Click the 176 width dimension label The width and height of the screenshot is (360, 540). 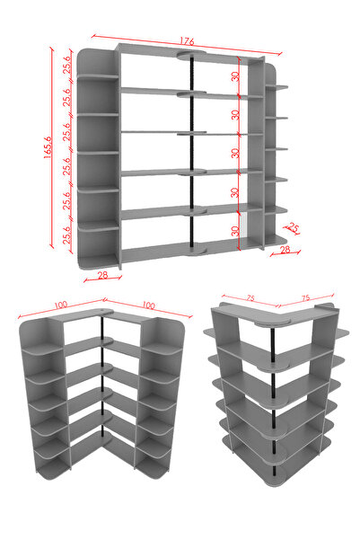pyautogui.click(x=187, y=41)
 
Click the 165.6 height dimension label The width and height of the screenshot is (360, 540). pyautogui.click(x=48, y=147)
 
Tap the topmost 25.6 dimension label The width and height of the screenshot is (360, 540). pyautogui.click(x=67, y=65)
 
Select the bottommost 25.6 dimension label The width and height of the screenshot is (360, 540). pyautogui.click(x=67, y=235)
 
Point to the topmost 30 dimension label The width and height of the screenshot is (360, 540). pyautogui.click(x=236, y=76)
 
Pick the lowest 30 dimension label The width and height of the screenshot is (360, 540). pyautogui.click(x=236, y=231)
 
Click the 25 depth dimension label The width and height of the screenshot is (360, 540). pyautogui.click(x=293, y=227)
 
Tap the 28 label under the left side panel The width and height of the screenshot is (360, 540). pyautogui.click(x=102, y=275)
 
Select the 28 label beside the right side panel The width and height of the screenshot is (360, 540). pyautogui.click(x=285, y=250)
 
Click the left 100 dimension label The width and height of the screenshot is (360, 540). pyautogui.click(x=60, y=305)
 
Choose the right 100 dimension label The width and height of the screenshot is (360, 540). pyautogui.click(x=148, y=305)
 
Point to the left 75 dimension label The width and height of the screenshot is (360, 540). pyautogui.click(x=250, y=298)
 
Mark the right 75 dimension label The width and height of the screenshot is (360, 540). pyautogui.click(x=305, y=298)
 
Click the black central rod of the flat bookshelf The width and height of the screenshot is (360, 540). pyautogui.click(x=191, y=152)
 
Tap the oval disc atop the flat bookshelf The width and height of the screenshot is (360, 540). pyautogui.click(x=192, y=55)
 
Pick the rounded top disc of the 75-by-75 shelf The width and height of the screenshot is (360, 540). pyautogui.click(x=273, y=323)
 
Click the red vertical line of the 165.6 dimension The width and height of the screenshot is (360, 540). pyautogui.click(x=52, y=147)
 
